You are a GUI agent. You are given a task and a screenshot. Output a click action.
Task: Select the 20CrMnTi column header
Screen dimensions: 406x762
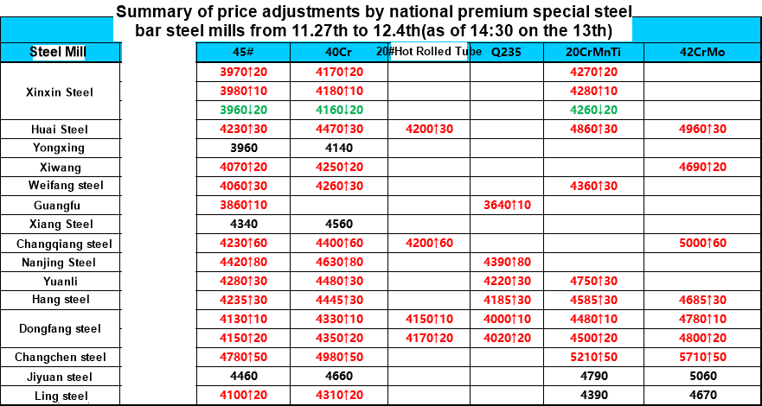tap(592, 52)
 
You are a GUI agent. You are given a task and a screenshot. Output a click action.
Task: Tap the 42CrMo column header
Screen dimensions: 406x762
tap(701, 52)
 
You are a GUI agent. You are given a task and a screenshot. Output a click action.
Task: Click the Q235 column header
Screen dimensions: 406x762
tap(506, 52)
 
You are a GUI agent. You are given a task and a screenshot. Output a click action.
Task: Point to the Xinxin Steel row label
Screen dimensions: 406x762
tap(59, 92)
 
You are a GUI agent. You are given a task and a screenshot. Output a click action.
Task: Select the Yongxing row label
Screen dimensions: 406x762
tap(59, 148)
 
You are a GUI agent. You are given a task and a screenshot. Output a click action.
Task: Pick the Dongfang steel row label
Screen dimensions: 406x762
tap(59, 328)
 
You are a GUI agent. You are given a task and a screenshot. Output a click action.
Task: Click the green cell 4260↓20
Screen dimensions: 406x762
tap(593, 110)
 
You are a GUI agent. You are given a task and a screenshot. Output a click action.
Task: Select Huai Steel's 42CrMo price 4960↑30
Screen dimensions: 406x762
tap(701, 129)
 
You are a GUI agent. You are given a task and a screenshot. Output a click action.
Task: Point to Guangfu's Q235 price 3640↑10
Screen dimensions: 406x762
tap(506, 205)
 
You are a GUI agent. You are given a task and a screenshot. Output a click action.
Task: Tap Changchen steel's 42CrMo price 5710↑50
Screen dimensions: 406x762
tap(701, 357)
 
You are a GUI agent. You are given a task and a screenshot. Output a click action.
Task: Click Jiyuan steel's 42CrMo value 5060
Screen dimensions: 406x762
tap(701, 376)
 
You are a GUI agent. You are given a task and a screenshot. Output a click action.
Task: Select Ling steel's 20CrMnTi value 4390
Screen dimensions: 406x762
tap(593, 395)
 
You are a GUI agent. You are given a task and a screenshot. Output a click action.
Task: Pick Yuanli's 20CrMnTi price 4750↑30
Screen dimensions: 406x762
tap(593, 281)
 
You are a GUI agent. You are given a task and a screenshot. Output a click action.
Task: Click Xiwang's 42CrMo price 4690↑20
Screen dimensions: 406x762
tap(701, 167)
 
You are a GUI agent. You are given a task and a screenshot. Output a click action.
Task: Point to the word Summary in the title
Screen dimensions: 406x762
tap(150, 12)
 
